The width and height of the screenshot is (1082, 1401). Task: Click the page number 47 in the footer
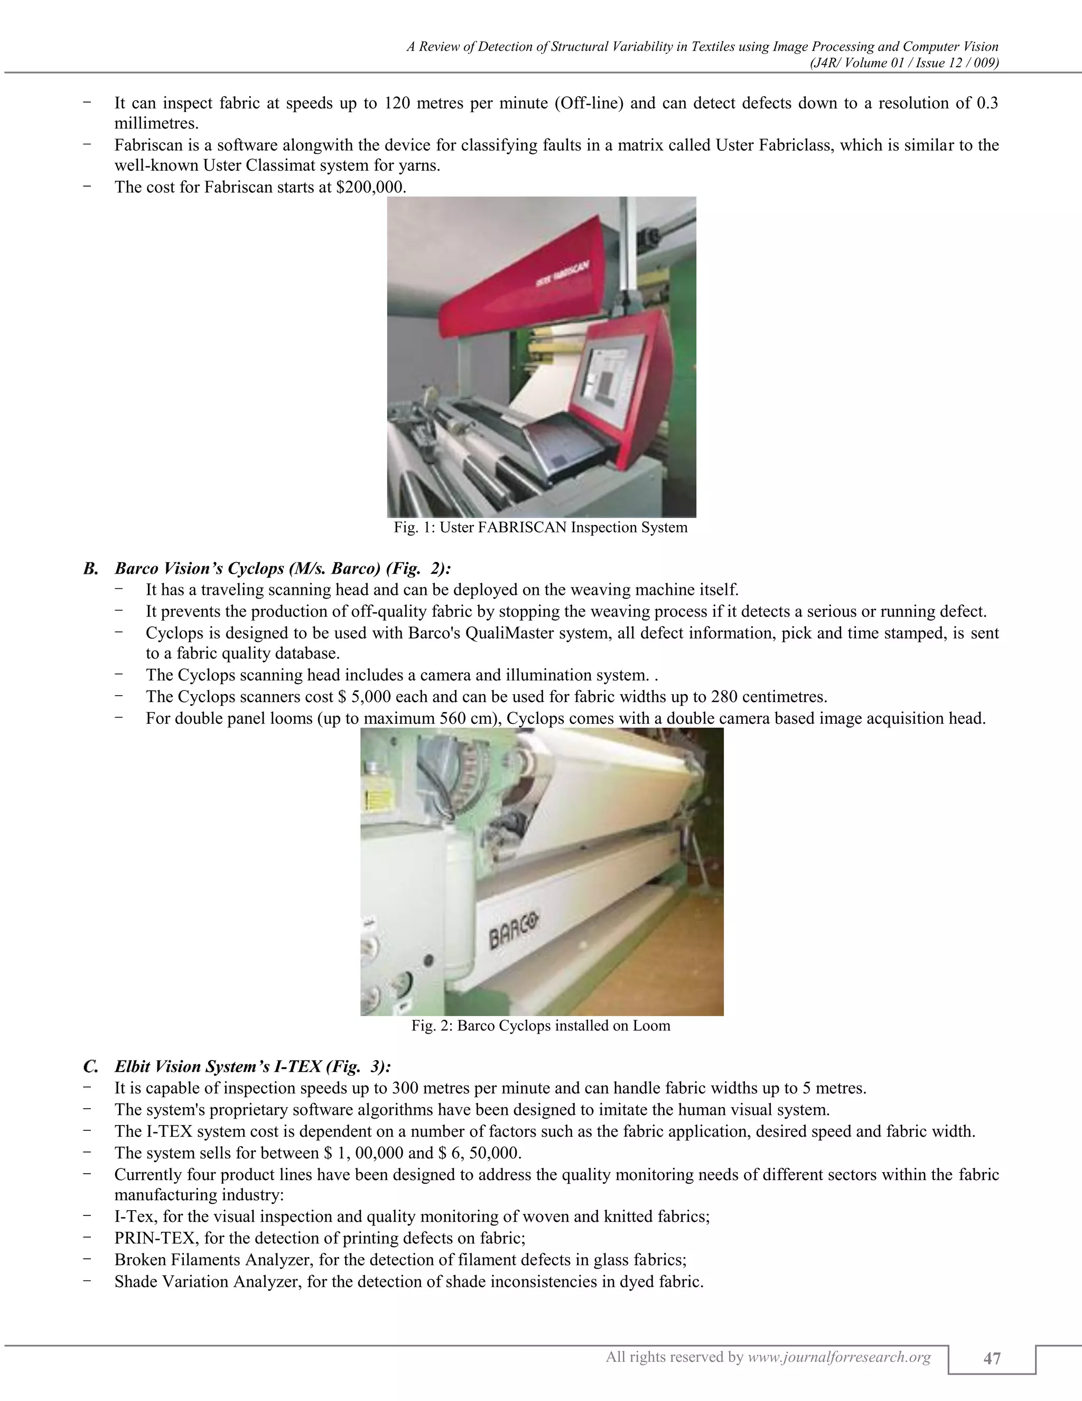(x=992, y=1357)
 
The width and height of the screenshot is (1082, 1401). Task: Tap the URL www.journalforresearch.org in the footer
(x=839, y=1356)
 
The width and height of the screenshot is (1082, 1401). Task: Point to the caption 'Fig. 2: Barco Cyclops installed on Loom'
(x=540, y=1026)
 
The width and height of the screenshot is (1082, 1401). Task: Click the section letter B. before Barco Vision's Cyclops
(x=90, y=568)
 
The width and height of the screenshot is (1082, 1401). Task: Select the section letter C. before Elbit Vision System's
(x=90, y=1067)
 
